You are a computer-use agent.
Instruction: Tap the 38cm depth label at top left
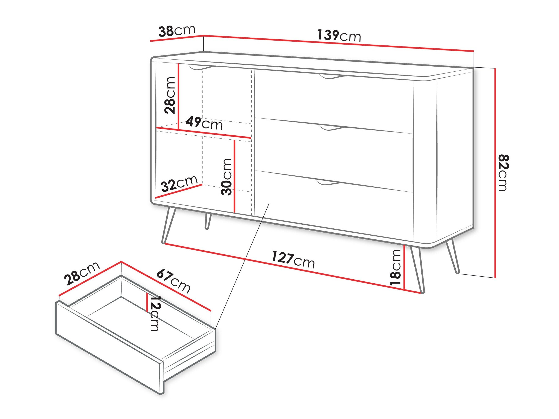tap(177, 31)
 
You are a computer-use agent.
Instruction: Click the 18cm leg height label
tap(396, 268)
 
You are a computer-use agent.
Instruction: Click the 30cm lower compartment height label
tap(226, 177)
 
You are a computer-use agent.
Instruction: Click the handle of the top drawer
tap(331, 76)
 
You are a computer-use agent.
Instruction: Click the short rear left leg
tap(208, 221)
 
